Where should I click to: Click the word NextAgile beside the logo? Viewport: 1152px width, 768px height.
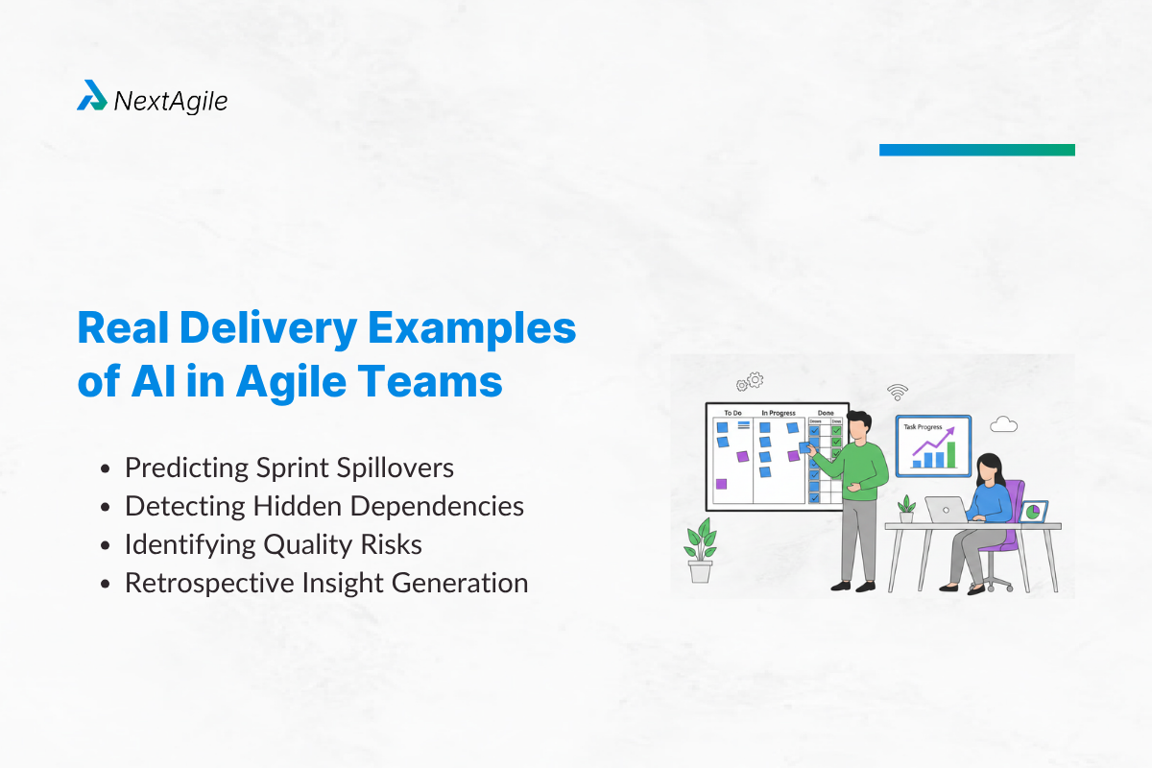point(170,101)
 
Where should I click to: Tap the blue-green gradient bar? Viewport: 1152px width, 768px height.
point(976,150)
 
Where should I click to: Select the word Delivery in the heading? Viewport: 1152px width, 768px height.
point(280,329)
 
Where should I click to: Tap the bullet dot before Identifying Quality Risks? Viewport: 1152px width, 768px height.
point(108,545)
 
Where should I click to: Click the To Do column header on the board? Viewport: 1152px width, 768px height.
point(732,413)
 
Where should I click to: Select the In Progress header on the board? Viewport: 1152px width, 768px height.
point(778,413)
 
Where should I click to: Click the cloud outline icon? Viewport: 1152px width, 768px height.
point(1003,424)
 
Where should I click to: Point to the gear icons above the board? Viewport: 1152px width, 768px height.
point(750,382)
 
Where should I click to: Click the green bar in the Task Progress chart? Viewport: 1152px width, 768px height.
point(951,455)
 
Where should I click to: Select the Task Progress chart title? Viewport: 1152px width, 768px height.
point(924,425)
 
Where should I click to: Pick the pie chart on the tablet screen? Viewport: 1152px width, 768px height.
point(1033,513)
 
